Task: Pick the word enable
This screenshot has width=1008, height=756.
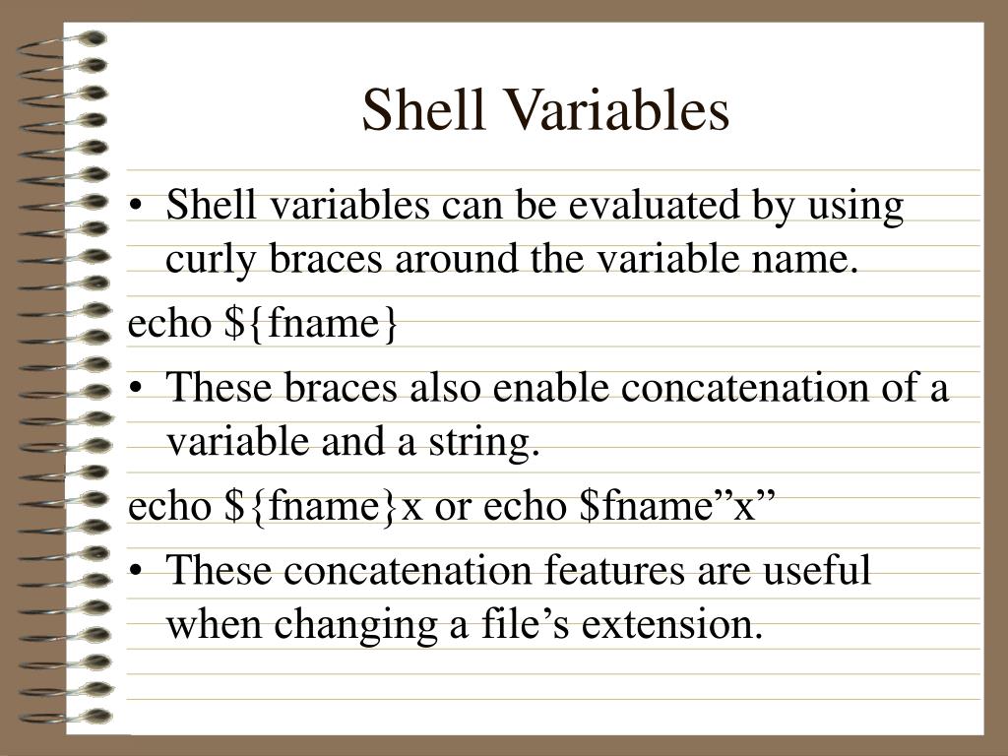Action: (551, 388)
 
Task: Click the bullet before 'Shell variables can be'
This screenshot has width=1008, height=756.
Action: (146, 209)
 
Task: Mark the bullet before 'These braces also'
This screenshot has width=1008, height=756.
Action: (146, 390)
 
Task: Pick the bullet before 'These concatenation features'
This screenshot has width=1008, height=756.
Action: (146, 572)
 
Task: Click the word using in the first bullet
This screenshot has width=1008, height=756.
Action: (855, 207)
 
